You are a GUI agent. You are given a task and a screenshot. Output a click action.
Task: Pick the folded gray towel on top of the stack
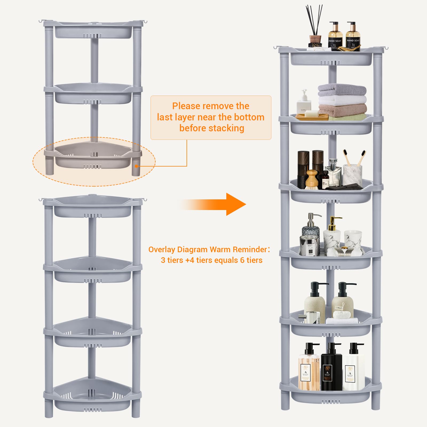coord(342,90)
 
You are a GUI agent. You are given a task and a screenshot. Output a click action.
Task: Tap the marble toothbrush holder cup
coord(352,175)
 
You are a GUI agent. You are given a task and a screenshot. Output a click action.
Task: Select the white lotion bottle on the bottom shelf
coord(353,371)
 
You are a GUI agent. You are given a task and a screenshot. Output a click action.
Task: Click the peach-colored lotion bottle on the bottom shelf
coord(309,371)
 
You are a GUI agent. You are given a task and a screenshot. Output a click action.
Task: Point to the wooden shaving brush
coord(312,180)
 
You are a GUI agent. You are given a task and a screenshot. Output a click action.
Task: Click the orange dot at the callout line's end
coord(137,166)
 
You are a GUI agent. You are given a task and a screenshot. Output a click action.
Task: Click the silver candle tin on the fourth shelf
coord(309,246)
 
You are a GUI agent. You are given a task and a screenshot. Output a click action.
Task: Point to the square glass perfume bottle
coord(333,173)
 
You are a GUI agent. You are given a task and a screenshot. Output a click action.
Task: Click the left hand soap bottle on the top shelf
coord(335,37)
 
